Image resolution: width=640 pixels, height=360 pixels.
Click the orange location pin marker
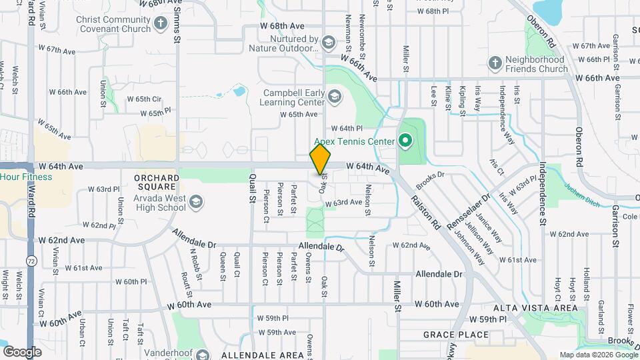[320, 160]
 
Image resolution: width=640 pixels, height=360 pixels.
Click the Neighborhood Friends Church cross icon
[495, 64]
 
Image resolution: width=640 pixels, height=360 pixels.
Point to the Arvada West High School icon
[196, 201]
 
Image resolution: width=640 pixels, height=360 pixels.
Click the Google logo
[23, 351]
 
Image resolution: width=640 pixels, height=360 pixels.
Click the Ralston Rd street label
[427, 212]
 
